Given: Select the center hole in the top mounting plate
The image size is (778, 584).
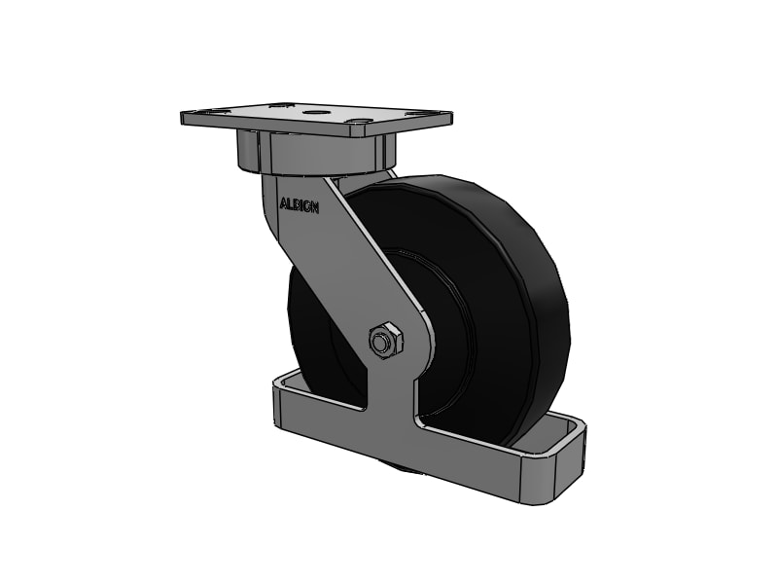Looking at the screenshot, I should coord(313,113).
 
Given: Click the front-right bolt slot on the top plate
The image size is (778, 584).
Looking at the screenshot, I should coord(361,124).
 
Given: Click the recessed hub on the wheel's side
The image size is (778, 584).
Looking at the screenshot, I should coord(442,331).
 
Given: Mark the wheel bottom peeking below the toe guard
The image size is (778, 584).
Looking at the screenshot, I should coord(408,471).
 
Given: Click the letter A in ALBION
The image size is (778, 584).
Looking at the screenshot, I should coord(283,204).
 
